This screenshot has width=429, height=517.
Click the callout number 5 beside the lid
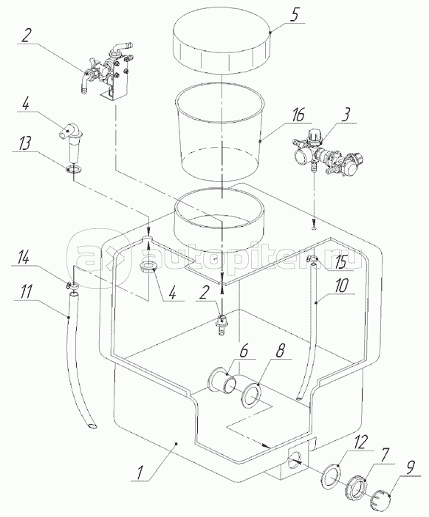coord(295,16)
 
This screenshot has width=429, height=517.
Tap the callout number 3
coord(345,116)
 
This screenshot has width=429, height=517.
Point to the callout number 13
coord(25,143)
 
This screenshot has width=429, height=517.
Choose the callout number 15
coord(340,262)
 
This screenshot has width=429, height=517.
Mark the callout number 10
coord(342,286)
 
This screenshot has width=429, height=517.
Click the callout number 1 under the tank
coord(140,473)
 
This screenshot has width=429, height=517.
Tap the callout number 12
coord(360,442)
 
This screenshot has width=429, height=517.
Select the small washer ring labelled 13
coord(75,169)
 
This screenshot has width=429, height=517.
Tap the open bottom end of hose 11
coord(92,426)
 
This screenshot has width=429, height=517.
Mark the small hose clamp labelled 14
coord(73,286)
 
